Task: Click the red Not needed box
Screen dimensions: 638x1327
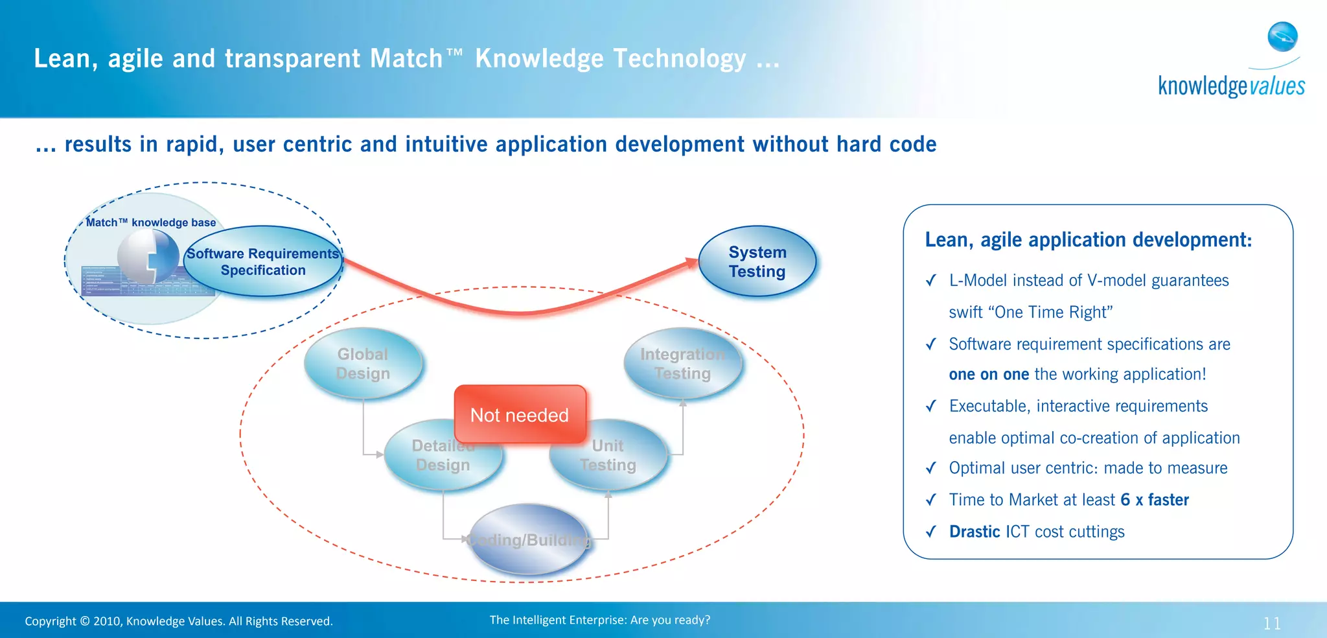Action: click(520, 415)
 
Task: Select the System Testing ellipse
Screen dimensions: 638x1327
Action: click(757, 262)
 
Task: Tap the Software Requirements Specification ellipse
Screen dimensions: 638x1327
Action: click(263, 262)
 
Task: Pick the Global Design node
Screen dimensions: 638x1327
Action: click(363, 364)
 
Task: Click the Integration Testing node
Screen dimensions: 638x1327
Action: click(682, 364)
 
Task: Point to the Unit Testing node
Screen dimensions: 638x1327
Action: click(608, 455)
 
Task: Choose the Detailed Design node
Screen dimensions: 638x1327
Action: click(443, 455)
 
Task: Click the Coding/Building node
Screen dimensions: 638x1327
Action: click(529, 539)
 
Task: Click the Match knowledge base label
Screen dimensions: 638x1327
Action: click(151, 222)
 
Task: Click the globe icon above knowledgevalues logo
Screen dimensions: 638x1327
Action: click(1282, 37)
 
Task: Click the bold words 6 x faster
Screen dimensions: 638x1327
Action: click(1155, 500)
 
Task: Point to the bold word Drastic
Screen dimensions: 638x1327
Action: click(975, 532)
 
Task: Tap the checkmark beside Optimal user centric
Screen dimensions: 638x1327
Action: click(931, 468)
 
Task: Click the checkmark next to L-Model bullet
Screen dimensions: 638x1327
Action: click(931, 281)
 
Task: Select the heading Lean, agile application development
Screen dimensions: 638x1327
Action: click(1088, 240)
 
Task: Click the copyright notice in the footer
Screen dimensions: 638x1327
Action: click(179, 621)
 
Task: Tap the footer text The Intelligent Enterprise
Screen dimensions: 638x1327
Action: click(599, 620)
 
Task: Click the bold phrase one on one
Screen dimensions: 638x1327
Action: click(989, 374)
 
